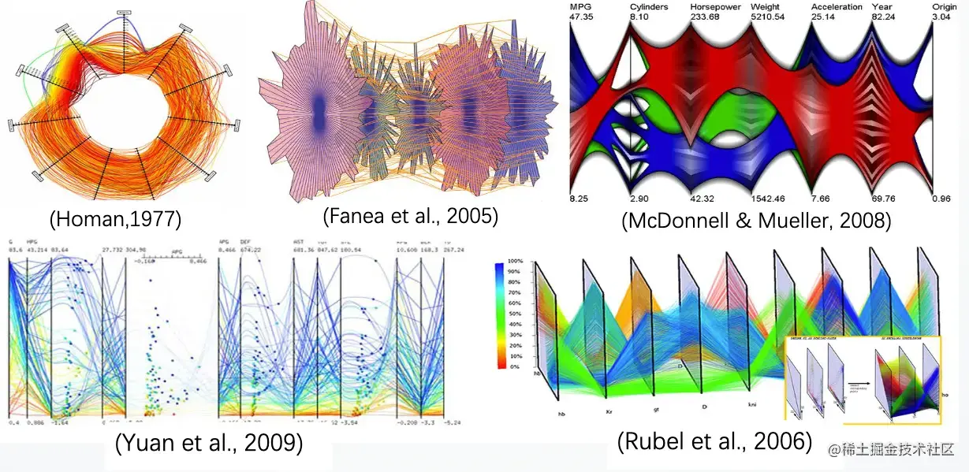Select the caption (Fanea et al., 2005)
click(411, 215)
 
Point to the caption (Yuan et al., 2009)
click(209, 444)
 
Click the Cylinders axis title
click(650, 7)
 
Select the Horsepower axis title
click(714, 7)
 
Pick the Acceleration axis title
click(837, 7)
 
